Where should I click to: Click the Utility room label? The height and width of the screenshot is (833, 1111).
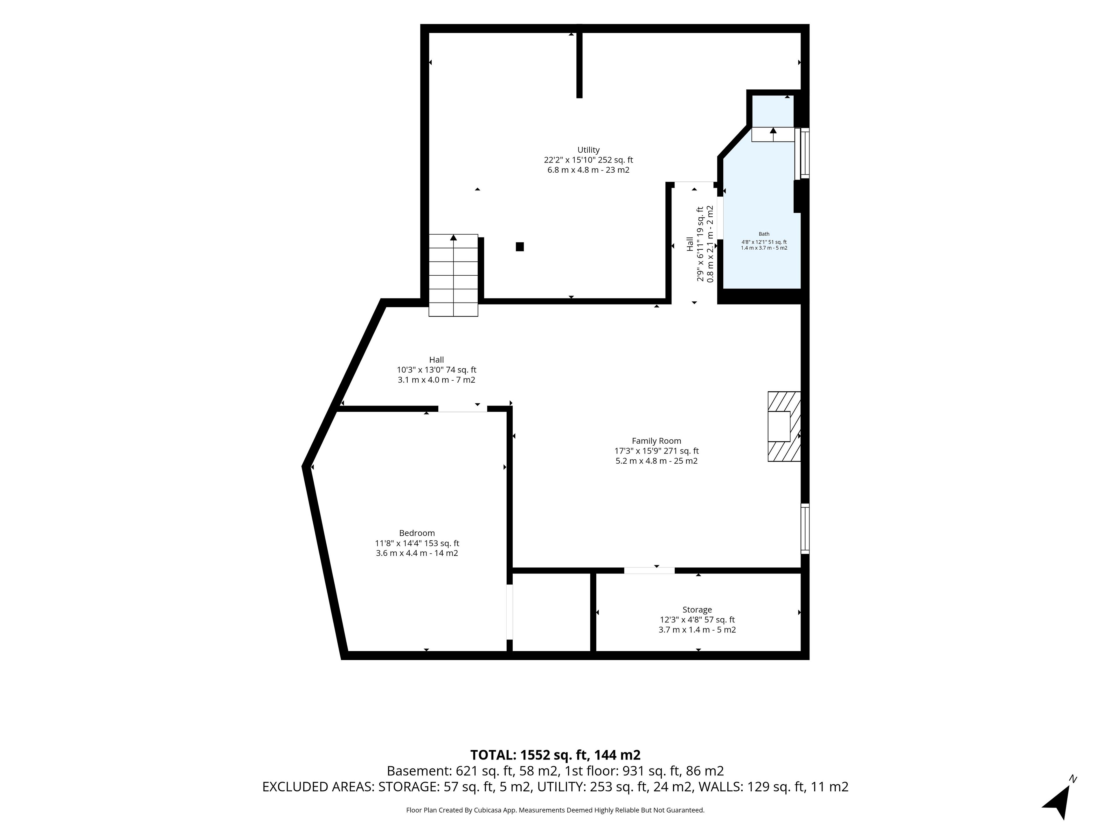coord(588,150)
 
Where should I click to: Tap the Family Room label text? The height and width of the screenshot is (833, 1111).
coord(656,441)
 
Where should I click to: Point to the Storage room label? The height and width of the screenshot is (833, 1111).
coord(697,609)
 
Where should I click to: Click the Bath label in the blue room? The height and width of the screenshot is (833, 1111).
coord(764,234)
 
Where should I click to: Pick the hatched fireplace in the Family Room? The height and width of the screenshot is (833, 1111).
coord(784,426)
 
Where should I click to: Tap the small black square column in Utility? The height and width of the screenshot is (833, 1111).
coord(520,246)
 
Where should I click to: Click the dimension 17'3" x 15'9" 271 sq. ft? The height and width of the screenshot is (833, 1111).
coord(656,451)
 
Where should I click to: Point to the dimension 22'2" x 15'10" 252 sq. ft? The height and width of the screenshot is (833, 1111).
coord(588,160)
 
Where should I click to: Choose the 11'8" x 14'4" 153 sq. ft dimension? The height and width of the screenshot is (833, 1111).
coord(417,543)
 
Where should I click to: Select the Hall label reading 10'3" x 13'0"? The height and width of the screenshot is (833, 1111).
coord(437,370)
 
